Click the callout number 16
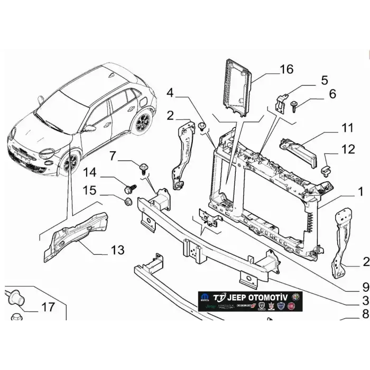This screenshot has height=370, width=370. (286, 69)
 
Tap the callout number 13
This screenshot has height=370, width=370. (117, 249)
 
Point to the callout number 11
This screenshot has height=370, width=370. (347, 128)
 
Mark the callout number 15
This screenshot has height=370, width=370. (89, 189)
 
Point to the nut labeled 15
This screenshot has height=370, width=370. (127, 201)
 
